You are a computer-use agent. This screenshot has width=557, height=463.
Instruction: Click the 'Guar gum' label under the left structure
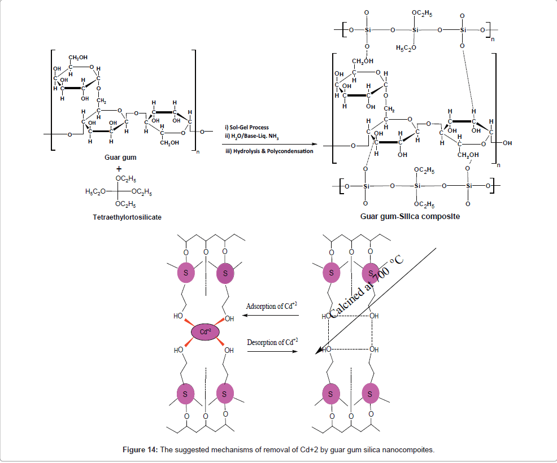[x=120, y=158]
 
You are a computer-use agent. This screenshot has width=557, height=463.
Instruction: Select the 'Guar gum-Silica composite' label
[x=410, y=216]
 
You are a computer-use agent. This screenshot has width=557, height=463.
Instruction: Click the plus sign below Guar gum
[x=119, y=168]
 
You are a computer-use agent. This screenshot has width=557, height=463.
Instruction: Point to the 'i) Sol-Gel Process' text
[x=247, y=127]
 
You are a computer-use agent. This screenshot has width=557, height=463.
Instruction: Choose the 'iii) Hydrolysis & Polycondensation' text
[x=269, y=151]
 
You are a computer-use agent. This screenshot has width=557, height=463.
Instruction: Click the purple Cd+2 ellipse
[x=205, y=333]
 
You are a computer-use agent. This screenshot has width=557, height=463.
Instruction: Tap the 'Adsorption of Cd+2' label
[x=272, y=307]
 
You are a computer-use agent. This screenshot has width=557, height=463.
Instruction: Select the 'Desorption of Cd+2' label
[x=272, y=343]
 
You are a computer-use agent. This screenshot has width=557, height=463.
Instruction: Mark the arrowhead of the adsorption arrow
[x=246, y=316]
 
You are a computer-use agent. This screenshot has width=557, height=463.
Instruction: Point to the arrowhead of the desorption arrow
[x=296, y=351]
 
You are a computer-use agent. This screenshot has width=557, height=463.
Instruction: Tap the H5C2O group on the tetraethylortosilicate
[x=95, y=191]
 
